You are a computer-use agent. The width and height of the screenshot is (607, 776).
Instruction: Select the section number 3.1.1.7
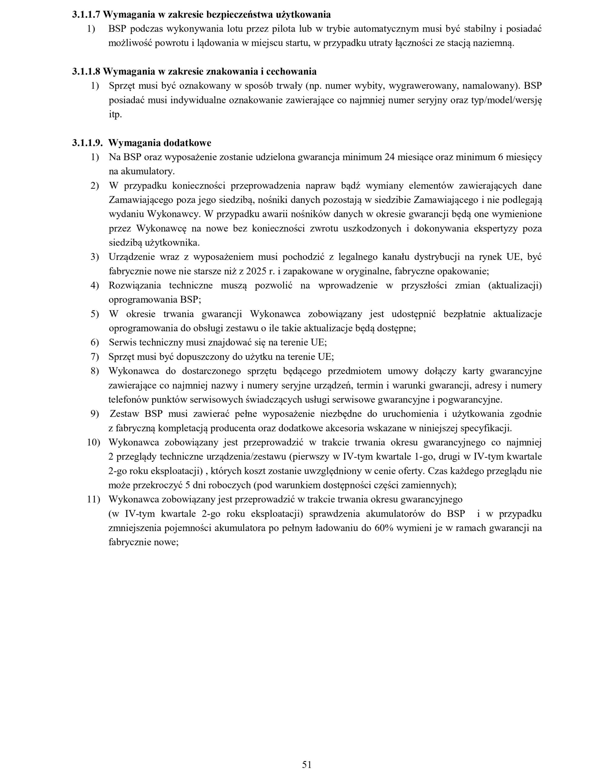86,15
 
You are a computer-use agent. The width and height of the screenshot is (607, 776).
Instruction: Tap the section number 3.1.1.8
86,72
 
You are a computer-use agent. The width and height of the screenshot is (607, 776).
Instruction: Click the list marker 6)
95,343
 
